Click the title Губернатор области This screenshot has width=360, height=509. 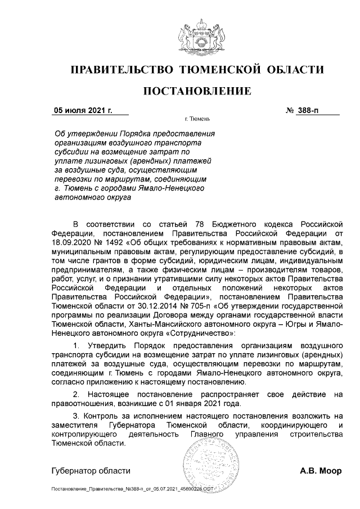pyautogui.click(x=91, y=471)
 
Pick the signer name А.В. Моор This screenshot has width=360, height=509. pyautogui.click(x=320, y=471)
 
